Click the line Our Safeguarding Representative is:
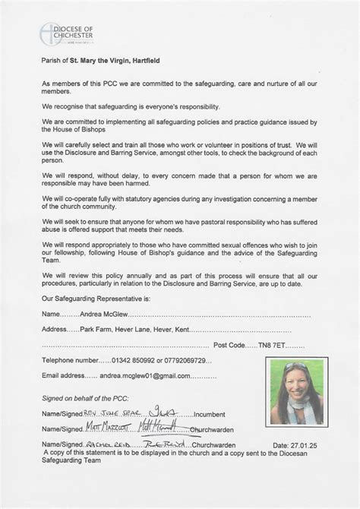coord(94,299)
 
